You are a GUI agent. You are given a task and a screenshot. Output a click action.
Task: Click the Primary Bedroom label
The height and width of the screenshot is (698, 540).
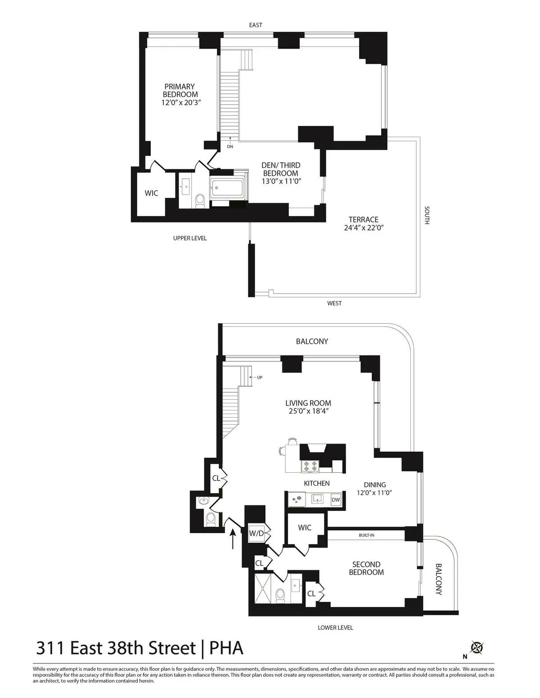click(x=180, y=90)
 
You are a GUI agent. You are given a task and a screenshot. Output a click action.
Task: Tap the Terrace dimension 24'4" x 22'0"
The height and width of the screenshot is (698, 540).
click(x=363, y=228)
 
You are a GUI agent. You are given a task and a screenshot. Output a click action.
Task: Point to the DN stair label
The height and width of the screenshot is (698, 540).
click(x=230, y=147)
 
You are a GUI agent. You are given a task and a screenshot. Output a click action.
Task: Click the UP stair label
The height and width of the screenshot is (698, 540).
click(x=259, y=378)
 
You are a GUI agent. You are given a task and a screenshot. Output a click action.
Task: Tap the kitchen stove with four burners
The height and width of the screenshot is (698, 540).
click(x=310, y=467)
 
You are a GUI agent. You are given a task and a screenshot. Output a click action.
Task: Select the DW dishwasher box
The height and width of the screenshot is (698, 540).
click(x=336, y=500)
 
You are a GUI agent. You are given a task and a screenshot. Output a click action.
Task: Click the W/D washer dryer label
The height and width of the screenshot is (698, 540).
click(x=256, y=533)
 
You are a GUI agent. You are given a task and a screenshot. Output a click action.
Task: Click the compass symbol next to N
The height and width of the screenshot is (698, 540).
click(x=477, y=648)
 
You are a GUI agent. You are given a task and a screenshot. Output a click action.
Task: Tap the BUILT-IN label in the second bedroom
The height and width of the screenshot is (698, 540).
click(x=366, y=535)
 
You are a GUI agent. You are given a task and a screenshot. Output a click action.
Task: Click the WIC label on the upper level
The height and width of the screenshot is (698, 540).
click(x=151, y=193)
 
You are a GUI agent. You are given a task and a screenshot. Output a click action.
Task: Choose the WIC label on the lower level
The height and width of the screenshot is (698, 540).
click(x=305, y=528)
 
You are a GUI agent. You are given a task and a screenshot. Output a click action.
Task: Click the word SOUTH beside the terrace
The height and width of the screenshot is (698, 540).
click(x=427, y=215)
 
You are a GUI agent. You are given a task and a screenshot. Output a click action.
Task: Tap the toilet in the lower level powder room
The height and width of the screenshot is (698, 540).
click(x=210, y=520)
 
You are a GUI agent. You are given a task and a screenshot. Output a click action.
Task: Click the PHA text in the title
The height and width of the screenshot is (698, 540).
click(x=227, y=649)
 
